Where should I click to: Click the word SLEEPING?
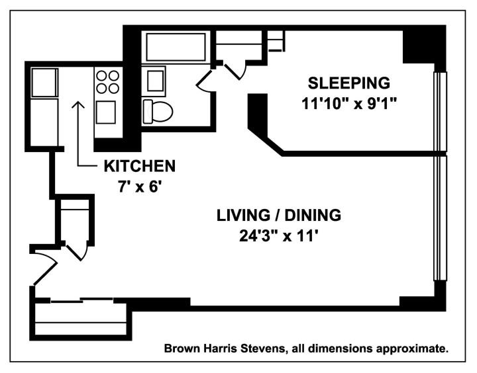pos(348,83)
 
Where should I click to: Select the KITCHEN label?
pos(138,165)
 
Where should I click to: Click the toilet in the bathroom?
pos(158,111)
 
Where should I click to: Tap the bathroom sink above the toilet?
pos(156,81)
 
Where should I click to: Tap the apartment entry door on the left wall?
pos(44,265)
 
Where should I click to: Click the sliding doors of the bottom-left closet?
pos(80,302)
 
